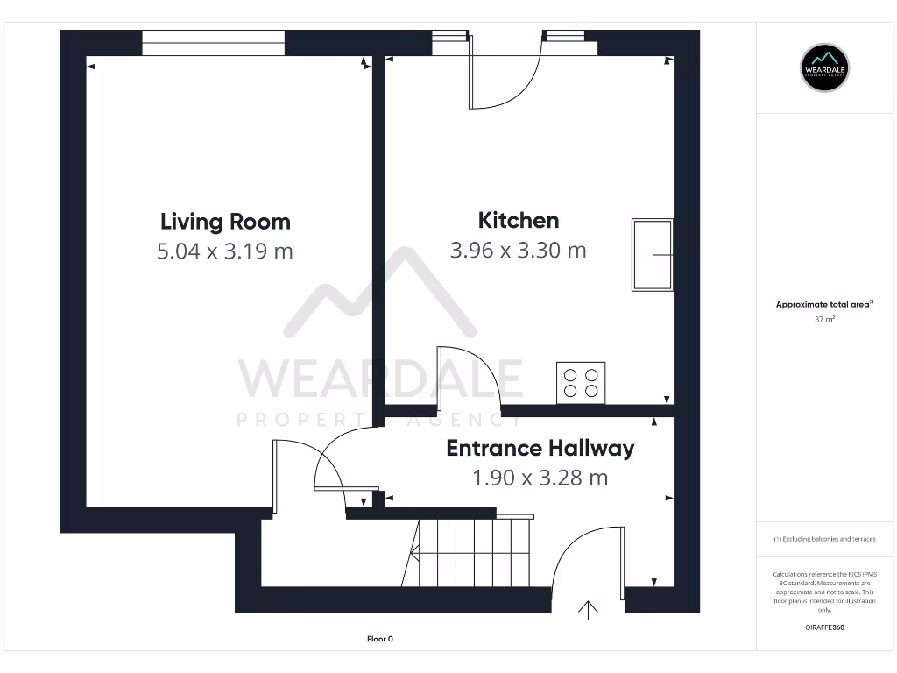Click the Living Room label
tap(225, 221)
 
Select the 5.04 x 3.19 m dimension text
tap(225, 251)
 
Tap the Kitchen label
tap(518, 220)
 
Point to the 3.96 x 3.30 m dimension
tap(518, 250)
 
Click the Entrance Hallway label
tap(540, 449)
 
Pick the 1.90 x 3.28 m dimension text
tap(540, 478)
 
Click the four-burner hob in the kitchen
tap(581, 383)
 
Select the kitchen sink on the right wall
tap(652, 254)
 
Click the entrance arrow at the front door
tap(588, 610)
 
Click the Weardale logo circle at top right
tap(825, 67)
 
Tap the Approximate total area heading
tap(824, 305)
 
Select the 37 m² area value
tap(824, 320)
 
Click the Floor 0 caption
tap(379, 639)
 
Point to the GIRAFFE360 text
tap(824, 627)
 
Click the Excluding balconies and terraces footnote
tap(824, 539)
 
